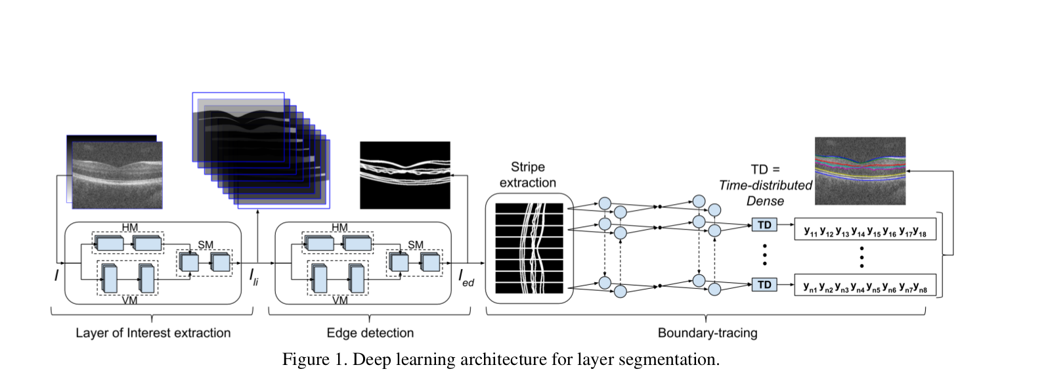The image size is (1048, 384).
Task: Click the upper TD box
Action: tap(764, 225)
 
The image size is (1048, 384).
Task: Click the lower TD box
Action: tap(764, 284)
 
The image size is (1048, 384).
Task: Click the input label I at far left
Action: tap(56, 276)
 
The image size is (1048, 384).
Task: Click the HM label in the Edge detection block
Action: tap(339, 228)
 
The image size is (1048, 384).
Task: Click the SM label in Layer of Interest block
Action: tap(205, 244)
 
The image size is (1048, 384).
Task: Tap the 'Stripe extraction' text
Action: tap(527, 175)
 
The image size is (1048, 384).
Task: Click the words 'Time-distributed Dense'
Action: tap(765, 194)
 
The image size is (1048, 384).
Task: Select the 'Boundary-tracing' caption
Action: tap(707, 333)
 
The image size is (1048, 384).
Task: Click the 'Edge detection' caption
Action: tap(370, 333)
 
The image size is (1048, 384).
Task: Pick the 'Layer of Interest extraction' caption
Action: tap(153, 333)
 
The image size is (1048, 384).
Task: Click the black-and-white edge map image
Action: tap(405, 175)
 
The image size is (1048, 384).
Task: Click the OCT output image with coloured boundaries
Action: tap(860, 171)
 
